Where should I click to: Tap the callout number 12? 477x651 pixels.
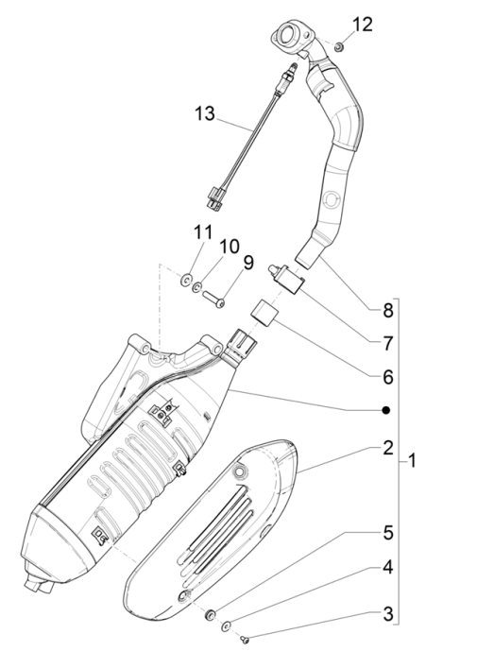364,23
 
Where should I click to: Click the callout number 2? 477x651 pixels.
388,448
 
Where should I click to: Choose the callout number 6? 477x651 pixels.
388,376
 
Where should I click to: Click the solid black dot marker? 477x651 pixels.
385,411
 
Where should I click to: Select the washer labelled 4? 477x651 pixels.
226,625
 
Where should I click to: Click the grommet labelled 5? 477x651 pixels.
208,615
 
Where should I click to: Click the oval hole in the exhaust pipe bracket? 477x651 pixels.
332,201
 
